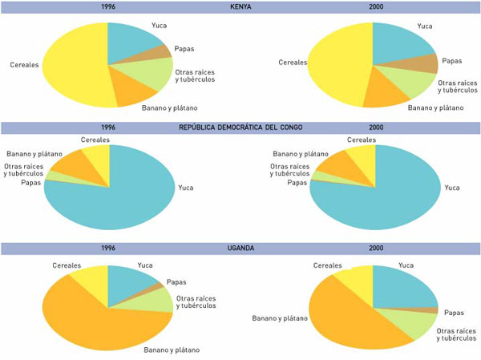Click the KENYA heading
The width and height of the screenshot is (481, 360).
pos(240,6)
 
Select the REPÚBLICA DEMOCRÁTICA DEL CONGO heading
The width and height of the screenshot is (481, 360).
pos(240,127)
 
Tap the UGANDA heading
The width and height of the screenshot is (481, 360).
pos(240,248)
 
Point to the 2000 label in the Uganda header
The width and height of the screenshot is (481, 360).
pos(375,248)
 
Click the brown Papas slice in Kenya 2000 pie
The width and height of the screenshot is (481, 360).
pos(423,64)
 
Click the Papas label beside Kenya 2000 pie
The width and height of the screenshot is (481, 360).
pos(451,60)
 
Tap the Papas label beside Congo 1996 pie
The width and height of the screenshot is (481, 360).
pos(29,182)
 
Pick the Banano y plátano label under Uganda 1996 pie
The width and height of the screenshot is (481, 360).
pos(172,350)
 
